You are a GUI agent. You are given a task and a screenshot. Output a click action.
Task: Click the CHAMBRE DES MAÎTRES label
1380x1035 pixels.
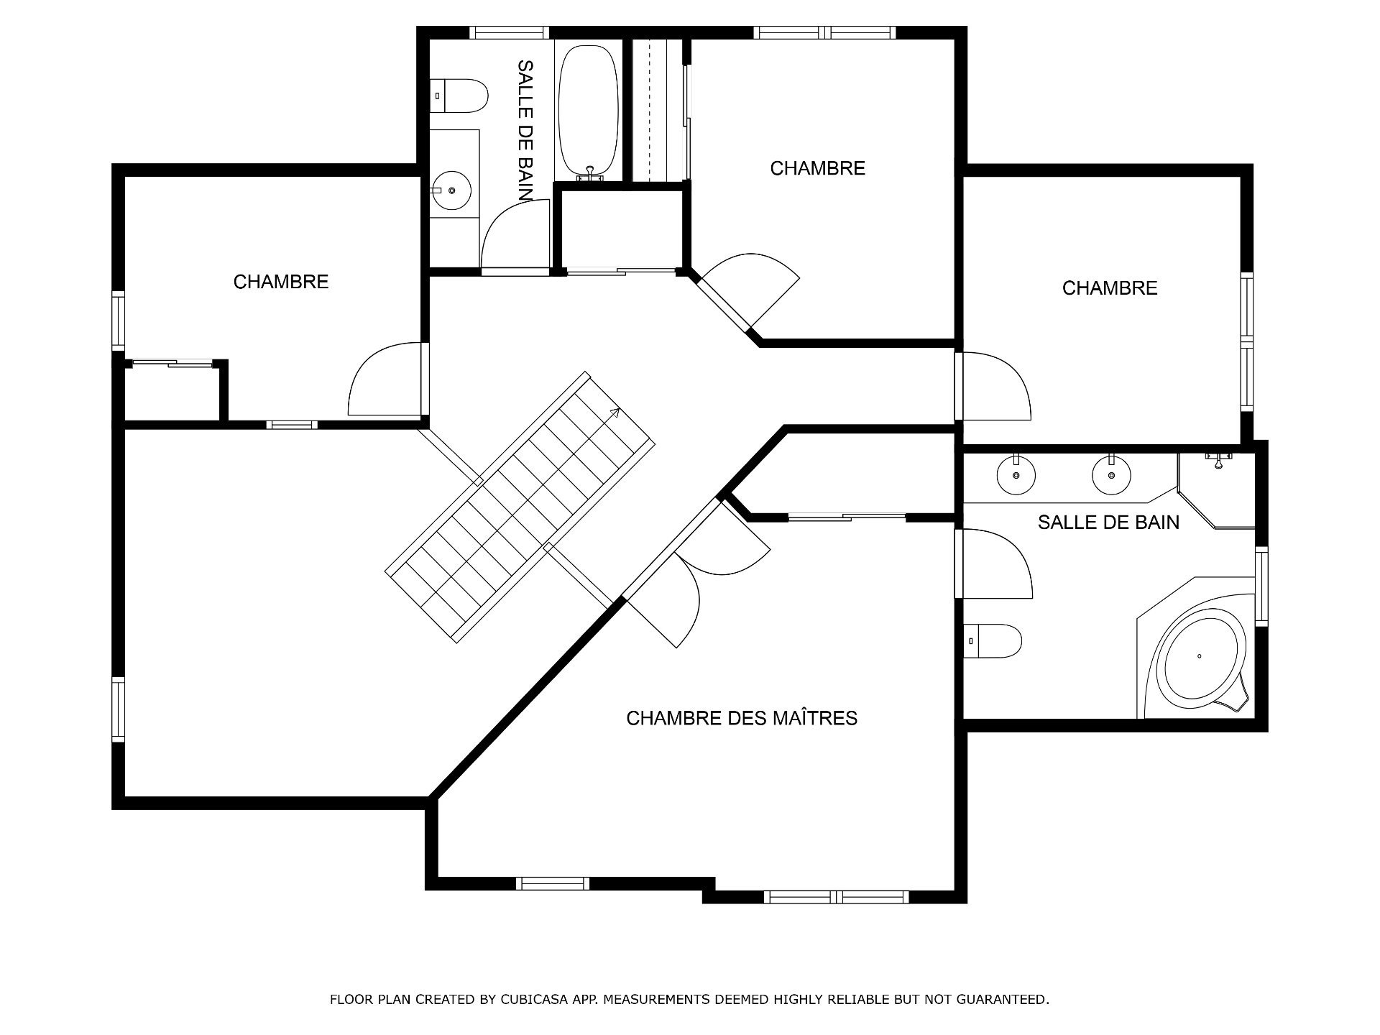[x=742, y=718]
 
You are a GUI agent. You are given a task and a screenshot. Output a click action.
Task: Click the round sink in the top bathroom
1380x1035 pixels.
[x=451, y=190]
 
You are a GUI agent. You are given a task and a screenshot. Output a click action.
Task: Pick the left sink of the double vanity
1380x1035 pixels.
[x=1016, y=474]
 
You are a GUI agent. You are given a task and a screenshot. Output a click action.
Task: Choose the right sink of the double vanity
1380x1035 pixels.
[x=1111, y=474]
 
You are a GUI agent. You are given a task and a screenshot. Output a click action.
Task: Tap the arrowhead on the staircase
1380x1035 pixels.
[x=615, y=412]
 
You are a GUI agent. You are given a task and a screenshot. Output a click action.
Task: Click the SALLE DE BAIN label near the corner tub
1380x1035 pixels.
[x=1108, y=523]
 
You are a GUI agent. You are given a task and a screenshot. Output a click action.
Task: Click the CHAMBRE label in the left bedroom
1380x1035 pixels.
[x=281, y=282]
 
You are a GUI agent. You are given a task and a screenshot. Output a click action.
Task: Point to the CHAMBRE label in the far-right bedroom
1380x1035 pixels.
[x=1110, y=288]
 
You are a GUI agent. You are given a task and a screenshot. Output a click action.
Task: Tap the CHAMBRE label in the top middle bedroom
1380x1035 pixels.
[x=818, y=168]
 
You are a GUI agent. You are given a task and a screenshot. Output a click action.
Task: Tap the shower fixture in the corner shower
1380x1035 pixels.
[x=1218, y=460]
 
